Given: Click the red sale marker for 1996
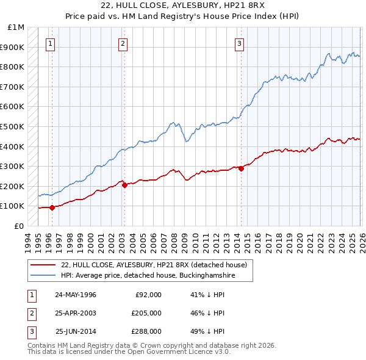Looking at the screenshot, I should [52, 207].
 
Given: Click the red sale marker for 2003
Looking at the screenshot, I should [124, 185].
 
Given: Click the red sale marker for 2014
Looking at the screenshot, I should [241, 168].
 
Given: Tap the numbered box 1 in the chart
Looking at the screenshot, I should [49, 43].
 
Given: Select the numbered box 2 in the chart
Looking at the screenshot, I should [123, 43].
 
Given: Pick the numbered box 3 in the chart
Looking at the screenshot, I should [240, 43].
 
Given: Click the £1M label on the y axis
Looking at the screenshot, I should [16, 27].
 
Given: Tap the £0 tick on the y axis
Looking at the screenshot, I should [19, 226].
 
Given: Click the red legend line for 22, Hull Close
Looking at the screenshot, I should [43, 265].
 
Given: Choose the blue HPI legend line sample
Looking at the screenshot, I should [43, 276].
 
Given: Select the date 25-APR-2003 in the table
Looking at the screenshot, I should [76, 313].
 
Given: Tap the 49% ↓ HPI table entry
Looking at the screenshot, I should [207, 331].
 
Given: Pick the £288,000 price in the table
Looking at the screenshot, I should [146, 331].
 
